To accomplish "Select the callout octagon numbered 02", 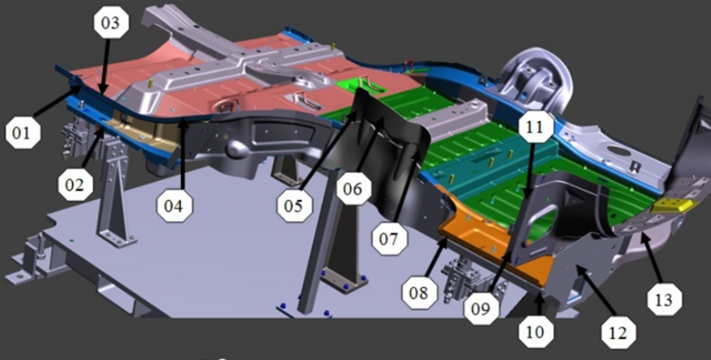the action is pyautogui.click(x=76, y=184).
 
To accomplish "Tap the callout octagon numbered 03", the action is pyautogui.click(x=111, y=22).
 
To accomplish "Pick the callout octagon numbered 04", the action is pyautogui.click(x=175, y=205).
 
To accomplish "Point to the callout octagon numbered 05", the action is pyautogui.click(x=295, y=205).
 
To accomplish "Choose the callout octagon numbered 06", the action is pyautogui.click(x=354, y=188).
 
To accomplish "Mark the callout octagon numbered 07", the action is pyautogui.click(x=390, y=238).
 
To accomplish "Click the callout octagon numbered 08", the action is pyautogui.click(x=419, y=292).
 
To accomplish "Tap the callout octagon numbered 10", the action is pyautogui.click(x=536, y=332).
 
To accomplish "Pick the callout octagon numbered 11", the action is pyautogui.click(x=535, y=128).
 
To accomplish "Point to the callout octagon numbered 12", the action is pyautogui.click(x=619, y=333).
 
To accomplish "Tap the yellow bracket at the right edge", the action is pyautogui.click(x=672, y=205).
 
